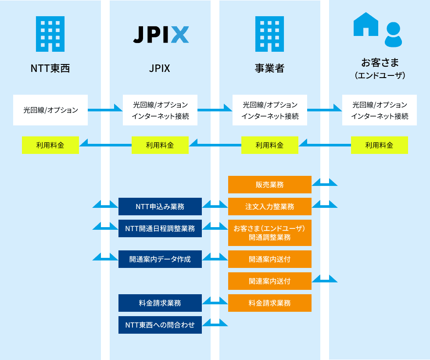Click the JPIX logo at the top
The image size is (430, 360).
[x=161, y=35]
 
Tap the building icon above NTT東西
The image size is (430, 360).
[x=50, y=34]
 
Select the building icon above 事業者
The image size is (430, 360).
[x=269, y=34]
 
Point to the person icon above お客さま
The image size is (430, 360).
[x=393, y=35]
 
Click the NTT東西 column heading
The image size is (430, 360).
[x=50, y=68]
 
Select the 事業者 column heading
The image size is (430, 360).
[x=269, y=68]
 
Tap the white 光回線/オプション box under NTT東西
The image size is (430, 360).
[x=50, y=110]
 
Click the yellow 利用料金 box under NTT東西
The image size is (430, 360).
[x=50, y=145]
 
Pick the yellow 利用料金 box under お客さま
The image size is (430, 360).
[x=380, y=145]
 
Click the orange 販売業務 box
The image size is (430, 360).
[x=270, y=185]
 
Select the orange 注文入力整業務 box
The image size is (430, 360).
[x=270, y=207]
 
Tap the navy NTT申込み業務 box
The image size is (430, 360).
[x=160, y=207]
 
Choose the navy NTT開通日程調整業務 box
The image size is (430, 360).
[x=160, y=228]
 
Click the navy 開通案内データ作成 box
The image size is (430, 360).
[x=160, y=259]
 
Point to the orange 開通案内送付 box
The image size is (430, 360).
[x=270, y=259]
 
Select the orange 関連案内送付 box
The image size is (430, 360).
[x=270, y=281]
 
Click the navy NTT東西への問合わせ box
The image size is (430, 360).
[x=160, y=325]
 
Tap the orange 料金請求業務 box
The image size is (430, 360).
[x=270, y=303]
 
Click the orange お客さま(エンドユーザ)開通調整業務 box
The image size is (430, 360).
[x=270, y=233]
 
